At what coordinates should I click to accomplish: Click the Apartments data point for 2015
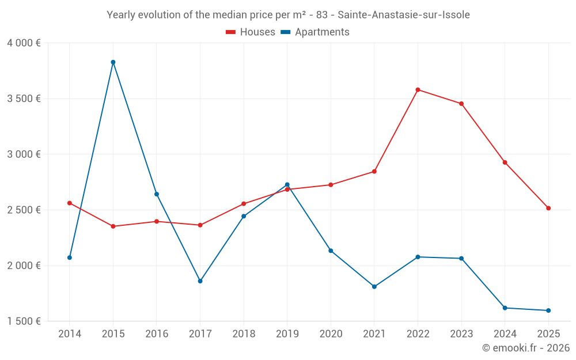coord(113,62)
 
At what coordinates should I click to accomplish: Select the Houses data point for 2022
coord(418,90)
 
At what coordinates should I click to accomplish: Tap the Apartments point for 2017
coord(200,281)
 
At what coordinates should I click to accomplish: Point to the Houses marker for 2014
coord(70,203)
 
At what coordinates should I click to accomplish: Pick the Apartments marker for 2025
coord(548,310)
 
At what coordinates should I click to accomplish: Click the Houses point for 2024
coord(505,162)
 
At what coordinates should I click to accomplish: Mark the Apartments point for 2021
coord(374,286)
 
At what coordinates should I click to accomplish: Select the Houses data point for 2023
coord(461,104)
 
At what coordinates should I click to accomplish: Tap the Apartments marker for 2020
coord(331,251)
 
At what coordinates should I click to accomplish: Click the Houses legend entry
coord(251,32)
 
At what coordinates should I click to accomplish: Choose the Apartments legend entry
coord(315,32)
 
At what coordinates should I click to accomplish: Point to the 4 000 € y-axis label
coord(24,43)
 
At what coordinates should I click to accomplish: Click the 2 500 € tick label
coord(24,210)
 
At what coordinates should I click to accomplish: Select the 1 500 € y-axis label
coord(24,321)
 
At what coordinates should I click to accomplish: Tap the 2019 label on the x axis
coord(287,334)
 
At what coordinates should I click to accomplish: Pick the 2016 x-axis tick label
coord(157,334)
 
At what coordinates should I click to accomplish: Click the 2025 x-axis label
coord(548,334)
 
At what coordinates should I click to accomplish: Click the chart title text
coord(288,15)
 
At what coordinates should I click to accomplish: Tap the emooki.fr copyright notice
coord(525,348)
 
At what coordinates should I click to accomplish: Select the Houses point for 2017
coord(200,225)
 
